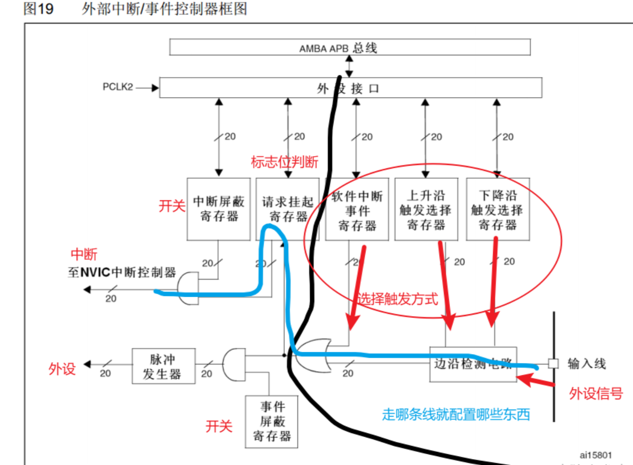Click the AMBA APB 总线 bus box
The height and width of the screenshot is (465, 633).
point(349,47)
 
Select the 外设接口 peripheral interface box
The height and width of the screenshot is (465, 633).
point(350,88)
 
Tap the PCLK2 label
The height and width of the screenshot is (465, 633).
point(118,87)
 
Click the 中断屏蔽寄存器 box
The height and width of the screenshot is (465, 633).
point(219,209)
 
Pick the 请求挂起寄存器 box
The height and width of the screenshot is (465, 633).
point(288,209)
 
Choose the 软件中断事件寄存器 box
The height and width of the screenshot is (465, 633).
point(357,210)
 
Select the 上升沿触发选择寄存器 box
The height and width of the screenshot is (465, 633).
point(426,209)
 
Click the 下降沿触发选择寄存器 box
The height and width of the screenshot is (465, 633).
point(497,209)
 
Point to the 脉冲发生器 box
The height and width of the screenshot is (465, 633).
point(163,366)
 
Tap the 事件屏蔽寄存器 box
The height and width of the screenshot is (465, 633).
point(271,422)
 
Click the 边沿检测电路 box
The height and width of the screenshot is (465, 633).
point(473,364)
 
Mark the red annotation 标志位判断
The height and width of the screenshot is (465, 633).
point(284,161)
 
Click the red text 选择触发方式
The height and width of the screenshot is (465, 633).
point(397,299)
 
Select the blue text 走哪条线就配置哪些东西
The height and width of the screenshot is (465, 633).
point(456,414)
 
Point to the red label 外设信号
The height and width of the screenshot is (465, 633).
point(596,394)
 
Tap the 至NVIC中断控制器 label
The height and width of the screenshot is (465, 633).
point(122,272)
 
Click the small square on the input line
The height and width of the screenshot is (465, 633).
point(553,364)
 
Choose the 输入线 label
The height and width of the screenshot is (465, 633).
point(587,364)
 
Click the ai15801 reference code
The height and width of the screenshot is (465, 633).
point(595,455)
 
